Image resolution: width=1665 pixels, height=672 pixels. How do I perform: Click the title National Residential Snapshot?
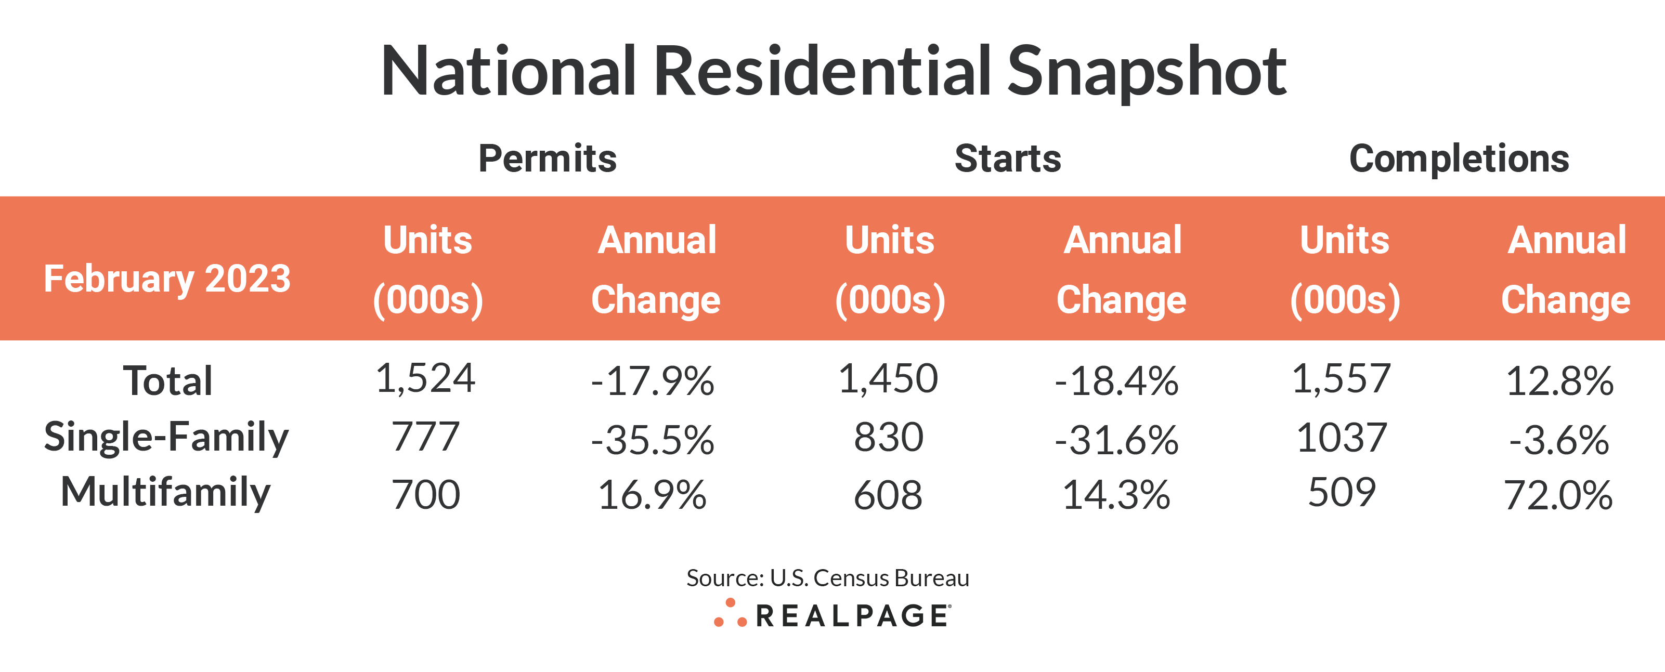point(832,71)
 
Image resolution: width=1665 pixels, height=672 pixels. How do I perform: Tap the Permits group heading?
point(547,159)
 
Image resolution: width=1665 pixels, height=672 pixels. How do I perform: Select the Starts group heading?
point(1008,159)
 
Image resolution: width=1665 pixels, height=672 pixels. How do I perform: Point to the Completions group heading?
point(1459,159)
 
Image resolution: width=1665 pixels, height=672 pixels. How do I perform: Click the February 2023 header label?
point(167,279)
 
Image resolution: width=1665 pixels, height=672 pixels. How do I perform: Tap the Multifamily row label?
point(165,492)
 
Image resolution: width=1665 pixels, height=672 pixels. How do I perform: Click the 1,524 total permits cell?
point(425,379)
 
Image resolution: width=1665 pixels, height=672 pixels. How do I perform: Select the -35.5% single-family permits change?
point(652,440)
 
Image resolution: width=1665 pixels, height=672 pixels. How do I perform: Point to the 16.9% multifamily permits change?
point(652,496)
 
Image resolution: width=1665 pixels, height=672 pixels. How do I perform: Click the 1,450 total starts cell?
point(888,379)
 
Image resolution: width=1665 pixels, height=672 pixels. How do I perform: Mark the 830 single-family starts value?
point(888,438)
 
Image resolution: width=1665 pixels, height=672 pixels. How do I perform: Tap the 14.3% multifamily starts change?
point(1116,496)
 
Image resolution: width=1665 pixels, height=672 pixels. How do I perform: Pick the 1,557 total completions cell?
point(1341,379)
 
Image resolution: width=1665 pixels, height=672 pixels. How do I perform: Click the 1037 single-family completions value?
point(1342,438)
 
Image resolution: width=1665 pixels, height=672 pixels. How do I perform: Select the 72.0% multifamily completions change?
point(1558,496)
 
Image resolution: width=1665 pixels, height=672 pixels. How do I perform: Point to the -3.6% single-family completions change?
point(1558,440)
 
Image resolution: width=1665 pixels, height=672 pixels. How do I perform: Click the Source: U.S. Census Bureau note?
point(827,577)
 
